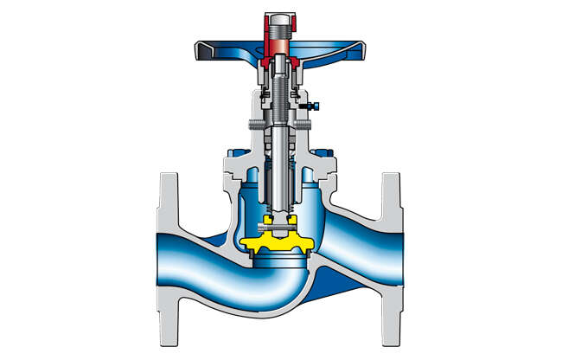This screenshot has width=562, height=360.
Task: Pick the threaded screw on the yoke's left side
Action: pyautogui.click(x=254, y=126)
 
